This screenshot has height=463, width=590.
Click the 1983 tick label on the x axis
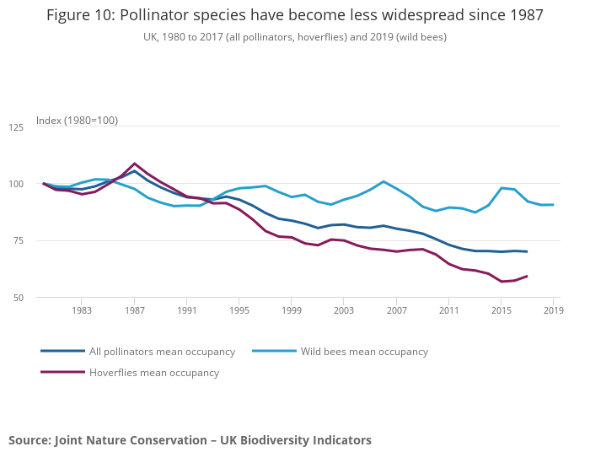click(82, 311)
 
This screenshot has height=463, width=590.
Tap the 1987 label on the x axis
click(134, 311)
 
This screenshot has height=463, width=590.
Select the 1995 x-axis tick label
click(239, 311)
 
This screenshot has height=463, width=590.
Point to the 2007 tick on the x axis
click(396, 311)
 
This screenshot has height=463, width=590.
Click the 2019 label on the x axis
click(553, 311)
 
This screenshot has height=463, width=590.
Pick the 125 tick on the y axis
click(16, 127)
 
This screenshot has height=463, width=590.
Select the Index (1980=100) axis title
click(77, 121)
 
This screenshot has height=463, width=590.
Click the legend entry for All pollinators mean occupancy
click(162, 352)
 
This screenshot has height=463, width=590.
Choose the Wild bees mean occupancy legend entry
click(364, 352)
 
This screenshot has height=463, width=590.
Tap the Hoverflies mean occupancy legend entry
click(153, 373)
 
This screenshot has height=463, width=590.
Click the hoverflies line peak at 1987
click(134, 164)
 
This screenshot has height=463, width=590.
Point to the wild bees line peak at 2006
click(383, 181)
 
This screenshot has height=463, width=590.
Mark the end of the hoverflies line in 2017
click(527, 276)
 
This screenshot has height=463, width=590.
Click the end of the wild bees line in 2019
click(553, 205)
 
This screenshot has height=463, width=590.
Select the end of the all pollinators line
click(527, 251)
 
